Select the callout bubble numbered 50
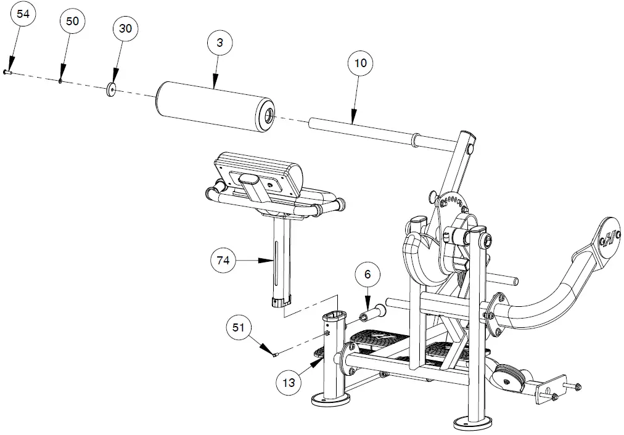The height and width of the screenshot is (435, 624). click(72, 21)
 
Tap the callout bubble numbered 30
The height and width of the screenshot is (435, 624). click(125, 28)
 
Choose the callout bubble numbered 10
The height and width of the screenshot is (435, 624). click(361, 63)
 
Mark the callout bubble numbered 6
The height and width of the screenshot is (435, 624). click(367, 275)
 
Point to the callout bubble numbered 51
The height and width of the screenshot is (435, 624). click(239, 328)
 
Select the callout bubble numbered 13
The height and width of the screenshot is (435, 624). click(288, 382)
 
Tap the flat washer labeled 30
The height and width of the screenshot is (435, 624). click(112, 90)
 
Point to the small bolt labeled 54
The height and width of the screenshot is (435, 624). click(7, 72)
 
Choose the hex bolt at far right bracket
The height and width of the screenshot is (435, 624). click(577, 387)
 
